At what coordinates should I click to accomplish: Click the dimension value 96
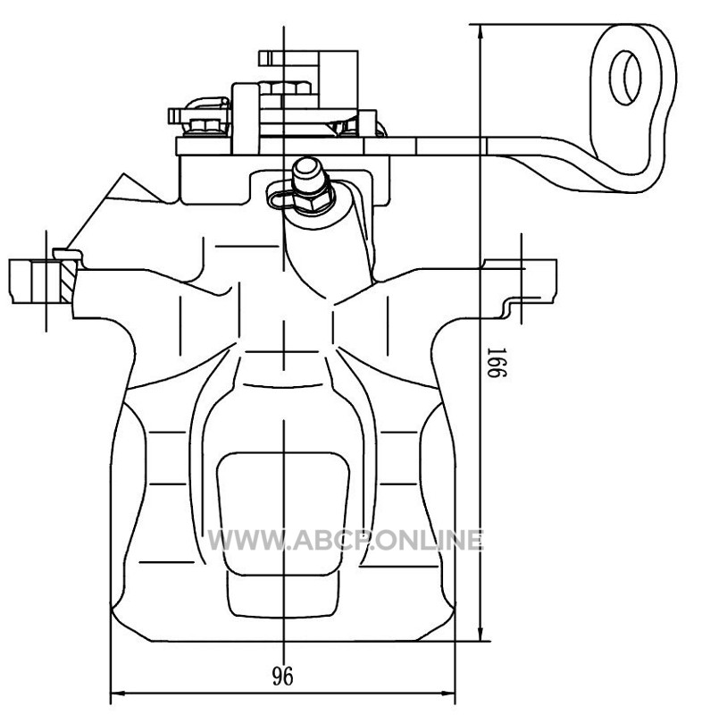[x=282, y=677]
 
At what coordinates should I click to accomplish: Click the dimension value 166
[x=496, y=362]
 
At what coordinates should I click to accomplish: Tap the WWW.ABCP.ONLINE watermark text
[x=345, y=541]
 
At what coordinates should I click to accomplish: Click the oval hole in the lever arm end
[x=625, y=78]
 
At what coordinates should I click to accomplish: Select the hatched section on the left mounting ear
[x=67, y=281]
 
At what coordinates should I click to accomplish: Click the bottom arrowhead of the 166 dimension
[x=480, y=634]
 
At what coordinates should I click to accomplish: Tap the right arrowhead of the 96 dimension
[x=447, y=694]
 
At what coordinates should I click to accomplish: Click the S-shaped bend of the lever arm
[x=570, y=164]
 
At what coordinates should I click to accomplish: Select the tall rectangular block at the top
[x=246, y=119]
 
